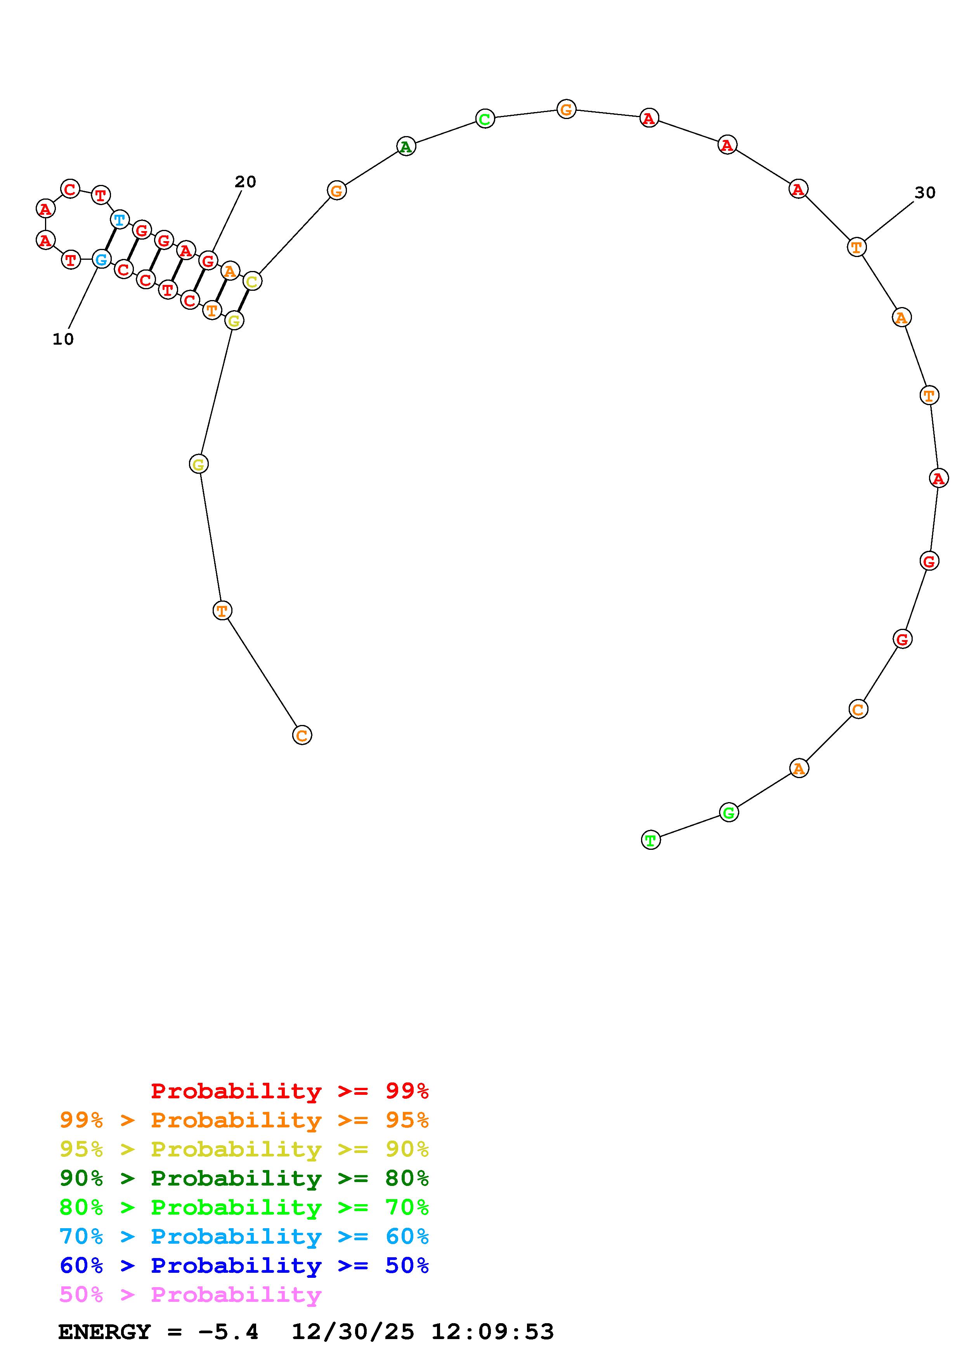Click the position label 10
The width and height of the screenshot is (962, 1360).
(63, 339)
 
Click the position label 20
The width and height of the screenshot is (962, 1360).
(245, 182)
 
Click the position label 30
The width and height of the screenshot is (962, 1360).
(925, 193)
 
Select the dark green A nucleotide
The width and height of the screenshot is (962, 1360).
(406, 146)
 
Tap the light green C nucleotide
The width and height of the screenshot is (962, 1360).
(485, 119)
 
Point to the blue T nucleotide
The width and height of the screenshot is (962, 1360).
(120, 220)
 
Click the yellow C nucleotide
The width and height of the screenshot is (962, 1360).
(252, 281)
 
